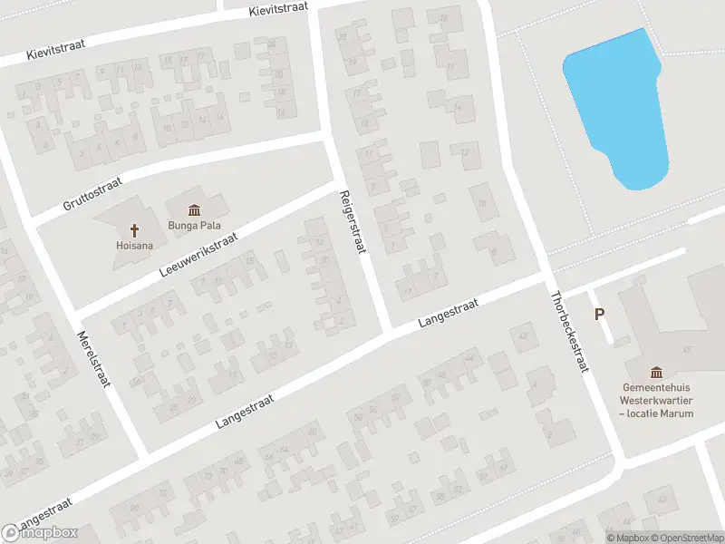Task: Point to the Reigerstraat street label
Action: (x=352, y=221)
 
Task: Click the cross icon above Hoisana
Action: (x=135, y=229)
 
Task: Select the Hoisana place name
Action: (x=134, y=245)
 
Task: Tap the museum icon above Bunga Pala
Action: (x=195, y=210)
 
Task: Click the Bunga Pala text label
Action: (x=195, y=226)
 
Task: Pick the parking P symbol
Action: (x=599, y=315)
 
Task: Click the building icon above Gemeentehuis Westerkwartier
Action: (x=656, y=372)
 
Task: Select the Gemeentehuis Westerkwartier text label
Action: (x=656, y=399)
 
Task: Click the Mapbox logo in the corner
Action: (x=40, y=532)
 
